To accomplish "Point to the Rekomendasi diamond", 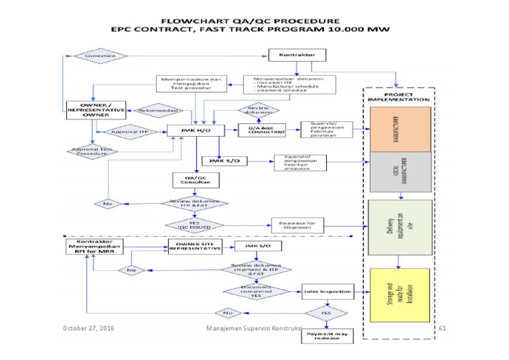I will (x=153, y=111).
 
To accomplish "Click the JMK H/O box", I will (x=190, y=131).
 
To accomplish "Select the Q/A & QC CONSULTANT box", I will (x=262, y=131).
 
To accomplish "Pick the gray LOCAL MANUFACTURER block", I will (x=399, y=172).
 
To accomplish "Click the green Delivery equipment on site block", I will (x=399, y=227).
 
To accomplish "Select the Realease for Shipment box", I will (x=298, y=226).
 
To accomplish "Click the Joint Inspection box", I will (x=325, y=290).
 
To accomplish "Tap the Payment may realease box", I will (x=327, y=335).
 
